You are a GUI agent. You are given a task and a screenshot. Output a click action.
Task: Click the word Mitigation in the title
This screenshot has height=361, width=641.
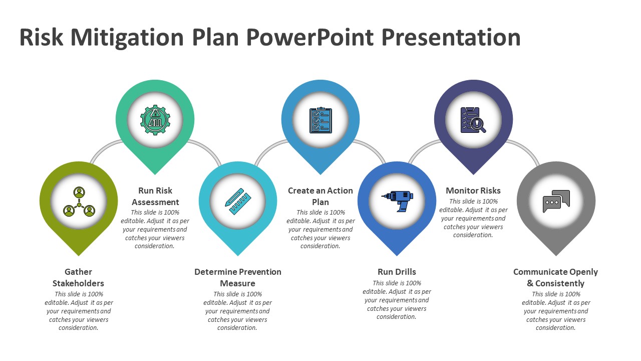[x=126, y=38]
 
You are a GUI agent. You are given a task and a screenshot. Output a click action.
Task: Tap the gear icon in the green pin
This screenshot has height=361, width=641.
[x=155, y=119]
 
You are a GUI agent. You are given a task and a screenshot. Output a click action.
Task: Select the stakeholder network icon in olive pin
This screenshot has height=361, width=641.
[x=79, y=201]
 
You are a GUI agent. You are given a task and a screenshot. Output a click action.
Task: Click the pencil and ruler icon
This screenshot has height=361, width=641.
[x=237, y=201]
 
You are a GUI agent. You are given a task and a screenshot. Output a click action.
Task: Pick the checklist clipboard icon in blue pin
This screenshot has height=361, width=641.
[x=320, y=120]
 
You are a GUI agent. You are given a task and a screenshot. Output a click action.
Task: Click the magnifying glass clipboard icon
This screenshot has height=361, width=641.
[x=473, y=120]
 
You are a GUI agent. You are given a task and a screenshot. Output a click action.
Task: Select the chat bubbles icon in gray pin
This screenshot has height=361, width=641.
[x=556, y=201]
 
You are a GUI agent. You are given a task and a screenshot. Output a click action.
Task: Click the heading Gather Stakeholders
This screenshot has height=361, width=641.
[x=79, y=277]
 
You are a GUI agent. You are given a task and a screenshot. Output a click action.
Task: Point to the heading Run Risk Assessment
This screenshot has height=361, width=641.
[x=155, y=196]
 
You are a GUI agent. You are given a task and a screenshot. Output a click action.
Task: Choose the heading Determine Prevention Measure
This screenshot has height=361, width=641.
[x=238, y=277]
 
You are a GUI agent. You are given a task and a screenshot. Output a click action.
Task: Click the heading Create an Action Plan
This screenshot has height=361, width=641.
[x=320, y=196]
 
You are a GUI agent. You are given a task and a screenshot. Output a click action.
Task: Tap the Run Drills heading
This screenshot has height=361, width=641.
[x=397, y=272]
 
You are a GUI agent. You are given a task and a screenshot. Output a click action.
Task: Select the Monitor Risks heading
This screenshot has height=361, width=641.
[x=473, y=191]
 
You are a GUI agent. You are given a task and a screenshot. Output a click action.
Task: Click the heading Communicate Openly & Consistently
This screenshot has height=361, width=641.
[x=555, y=277]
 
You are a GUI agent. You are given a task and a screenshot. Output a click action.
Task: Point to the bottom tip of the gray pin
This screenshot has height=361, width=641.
[x=556, y=254]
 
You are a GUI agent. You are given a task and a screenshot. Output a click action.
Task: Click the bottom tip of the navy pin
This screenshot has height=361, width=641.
[x=473, y=173]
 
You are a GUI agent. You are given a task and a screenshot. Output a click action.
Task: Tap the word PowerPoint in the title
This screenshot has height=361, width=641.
[x=310, y=38]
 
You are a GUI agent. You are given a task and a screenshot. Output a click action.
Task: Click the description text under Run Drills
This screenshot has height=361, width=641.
[x=397, y=300]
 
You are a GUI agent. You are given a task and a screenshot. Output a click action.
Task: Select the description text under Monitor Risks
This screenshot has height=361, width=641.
[x=473, y=218]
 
